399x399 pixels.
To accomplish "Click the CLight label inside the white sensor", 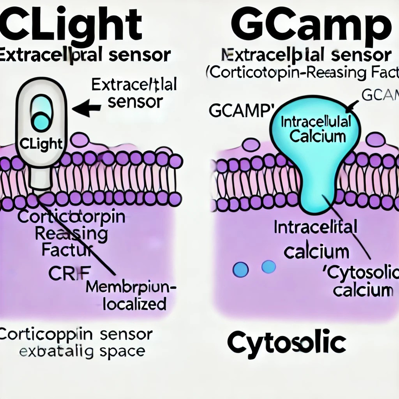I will tap(41, 143).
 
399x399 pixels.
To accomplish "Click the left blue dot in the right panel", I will tap(240, 269).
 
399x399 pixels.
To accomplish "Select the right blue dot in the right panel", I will tap(268, 267).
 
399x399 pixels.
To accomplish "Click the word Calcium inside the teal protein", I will tap(318, 136).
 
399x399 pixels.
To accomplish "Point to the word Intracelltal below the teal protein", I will tap(316, 228).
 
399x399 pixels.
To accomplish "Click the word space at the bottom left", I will tap(121, 351).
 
